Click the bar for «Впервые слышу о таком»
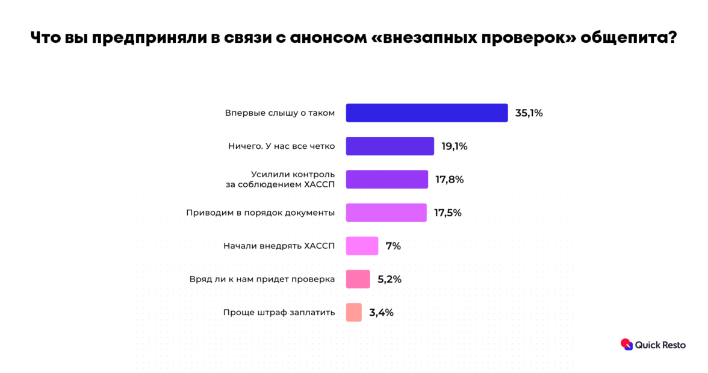pos(426,113)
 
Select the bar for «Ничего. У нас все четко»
pos(390,146)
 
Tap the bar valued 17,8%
pos(387,180)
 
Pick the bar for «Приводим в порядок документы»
pos(386,213)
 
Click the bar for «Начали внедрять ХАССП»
pos(362,246)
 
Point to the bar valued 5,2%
pos(358,279)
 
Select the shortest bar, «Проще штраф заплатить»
pos(353,312)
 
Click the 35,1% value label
pos(529,113)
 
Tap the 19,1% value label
pos(455,146)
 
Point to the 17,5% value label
pos(447,213)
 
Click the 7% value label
pos(393,246)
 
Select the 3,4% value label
pos(381,312)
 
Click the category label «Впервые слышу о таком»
pos(279,113)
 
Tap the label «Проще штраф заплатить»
pos(279,312)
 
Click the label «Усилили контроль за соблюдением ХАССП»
pos(280,180)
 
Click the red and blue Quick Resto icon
pos(627,344)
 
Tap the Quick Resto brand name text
pos(660,345)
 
